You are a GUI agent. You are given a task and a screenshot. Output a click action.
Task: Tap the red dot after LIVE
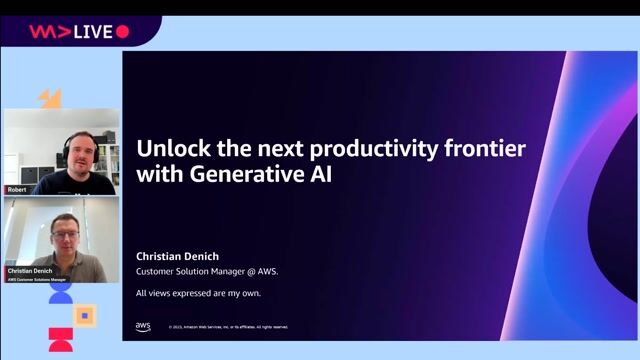(123, 32)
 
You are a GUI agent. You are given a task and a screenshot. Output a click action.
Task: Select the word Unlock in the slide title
(170, 150)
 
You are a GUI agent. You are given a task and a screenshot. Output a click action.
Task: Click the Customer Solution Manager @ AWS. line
(207, 271)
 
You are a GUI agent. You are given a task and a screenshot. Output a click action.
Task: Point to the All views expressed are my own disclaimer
(204, 293)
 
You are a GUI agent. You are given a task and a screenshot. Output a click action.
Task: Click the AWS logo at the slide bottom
(143, 326)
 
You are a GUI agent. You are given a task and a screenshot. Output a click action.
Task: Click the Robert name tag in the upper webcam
(16, 187)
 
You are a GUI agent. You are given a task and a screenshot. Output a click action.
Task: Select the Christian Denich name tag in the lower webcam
(30, 271)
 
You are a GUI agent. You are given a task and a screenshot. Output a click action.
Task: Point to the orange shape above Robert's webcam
(50, 98)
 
